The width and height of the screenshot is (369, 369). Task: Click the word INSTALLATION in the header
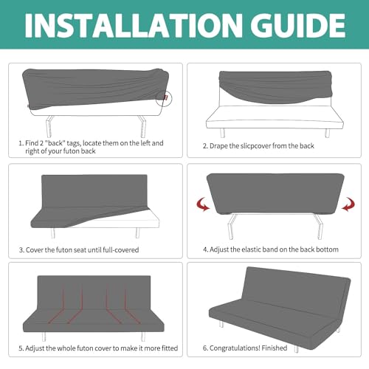[x=134, y=25]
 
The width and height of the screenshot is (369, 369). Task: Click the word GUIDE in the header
[x=298, y=25]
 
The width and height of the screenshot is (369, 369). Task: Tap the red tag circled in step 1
[x=166, y=97]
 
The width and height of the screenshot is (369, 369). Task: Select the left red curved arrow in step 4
[x=203, y=204]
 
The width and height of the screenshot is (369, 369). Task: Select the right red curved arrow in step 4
[x=348, y=204]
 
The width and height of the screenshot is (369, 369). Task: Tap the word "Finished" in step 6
[x=275, y=348]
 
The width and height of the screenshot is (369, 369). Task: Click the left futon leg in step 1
[x=49, y=126]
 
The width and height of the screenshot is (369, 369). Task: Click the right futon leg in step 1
[x=142, y=126]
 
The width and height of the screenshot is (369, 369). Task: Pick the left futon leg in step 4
[x=232, y=227]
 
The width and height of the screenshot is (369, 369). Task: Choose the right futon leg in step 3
[x=138, y=232]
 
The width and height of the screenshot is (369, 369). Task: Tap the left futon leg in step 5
[x=44, y=337]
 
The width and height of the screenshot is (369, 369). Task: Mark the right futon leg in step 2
[x=327, y=133]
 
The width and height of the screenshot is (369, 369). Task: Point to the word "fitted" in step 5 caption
[x=169, y=348]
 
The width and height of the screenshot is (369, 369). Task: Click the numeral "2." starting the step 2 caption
[x=205, y=146]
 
